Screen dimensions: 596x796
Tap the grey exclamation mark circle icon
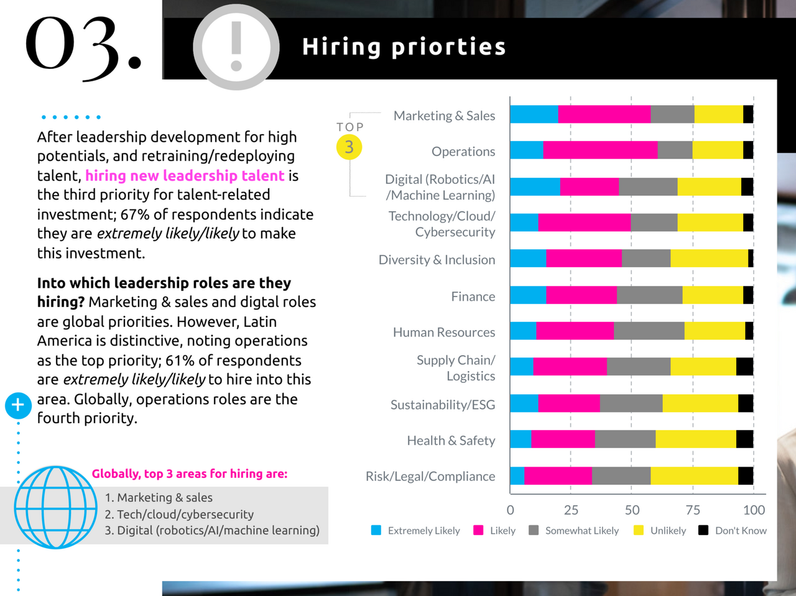coord(236,47)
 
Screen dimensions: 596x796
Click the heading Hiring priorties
coord(404,47)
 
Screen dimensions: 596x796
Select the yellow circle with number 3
coord(349,147)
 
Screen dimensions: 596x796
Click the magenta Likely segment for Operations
coord(600,150)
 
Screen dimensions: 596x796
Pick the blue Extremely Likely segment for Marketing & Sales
coord(534,114)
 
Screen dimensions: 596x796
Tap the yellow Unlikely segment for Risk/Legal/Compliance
coord(694,476)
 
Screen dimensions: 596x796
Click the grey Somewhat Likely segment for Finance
coord(649,295)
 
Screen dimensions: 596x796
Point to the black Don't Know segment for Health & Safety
coord(744,439)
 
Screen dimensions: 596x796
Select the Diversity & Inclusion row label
coord(437,260)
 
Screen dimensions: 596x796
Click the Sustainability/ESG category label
coord(443,405)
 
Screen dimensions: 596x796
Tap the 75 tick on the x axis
coord(693,510)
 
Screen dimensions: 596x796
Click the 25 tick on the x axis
coord(571,510)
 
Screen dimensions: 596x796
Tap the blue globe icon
coord(55,507)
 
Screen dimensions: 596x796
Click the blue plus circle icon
coord(18,405)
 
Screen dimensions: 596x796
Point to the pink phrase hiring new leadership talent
coord(185,176)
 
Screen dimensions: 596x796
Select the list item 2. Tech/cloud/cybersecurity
coord(179,515)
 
